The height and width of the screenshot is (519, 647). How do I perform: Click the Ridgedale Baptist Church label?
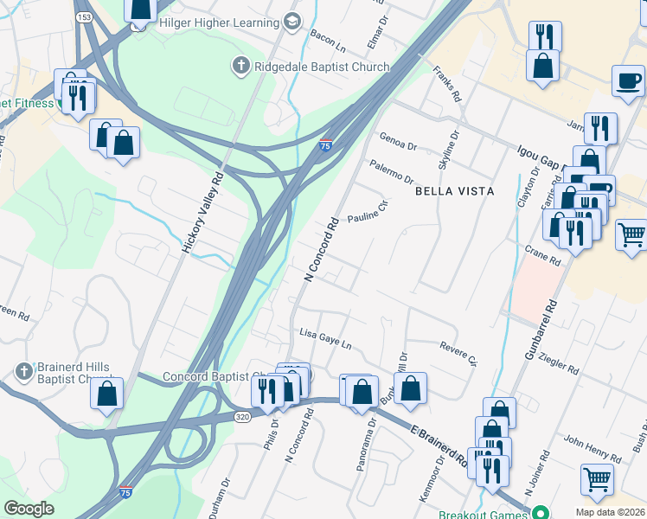[303, 64]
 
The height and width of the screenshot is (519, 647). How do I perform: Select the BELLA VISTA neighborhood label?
[454, 190]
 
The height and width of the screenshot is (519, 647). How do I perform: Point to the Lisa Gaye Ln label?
[325, 337]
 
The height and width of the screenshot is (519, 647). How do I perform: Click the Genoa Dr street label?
[398, 140]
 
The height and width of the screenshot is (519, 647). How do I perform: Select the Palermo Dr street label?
[390, 170]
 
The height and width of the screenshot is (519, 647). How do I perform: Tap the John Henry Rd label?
[593, 447]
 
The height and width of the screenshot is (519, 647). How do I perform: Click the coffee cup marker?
[629, 80]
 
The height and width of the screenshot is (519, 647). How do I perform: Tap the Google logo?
[29, 509]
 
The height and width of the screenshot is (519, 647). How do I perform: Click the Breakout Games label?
[485, 513]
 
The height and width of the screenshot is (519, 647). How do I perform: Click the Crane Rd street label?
[543, 255]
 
